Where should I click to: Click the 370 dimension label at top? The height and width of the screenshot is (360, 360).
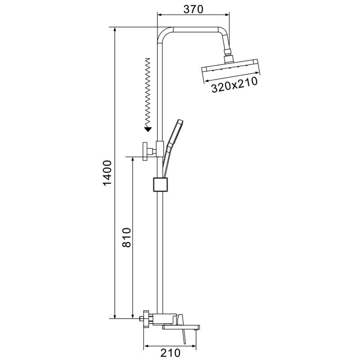[x=193, y=9]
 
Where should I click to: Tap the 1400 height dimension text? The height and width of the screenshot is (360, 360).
[x=107, y=173]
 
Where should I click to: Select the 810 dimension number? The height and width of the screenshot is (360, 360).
[x=126, y=238]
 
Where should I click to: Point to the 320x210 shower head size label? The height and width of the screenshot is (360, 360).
[x=234, y=85]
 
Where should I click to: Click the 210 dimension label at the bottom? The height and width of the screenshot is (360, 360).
[x=170, y=353]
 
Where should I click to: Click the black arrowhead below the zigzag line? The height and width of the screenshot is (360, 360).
[x=148, y=129]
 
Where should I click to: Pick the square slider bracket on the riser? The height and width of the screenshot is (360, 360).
[x=161, y=184]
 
